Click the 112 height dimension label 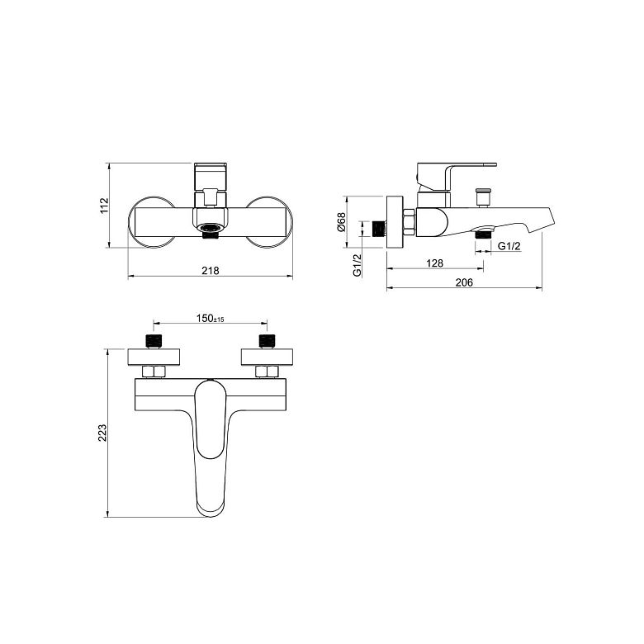tap(104, 206)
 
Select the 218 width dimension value tap(211, 271)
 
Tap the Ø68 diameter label tap(341, 222)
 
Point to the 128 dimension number tap(434, 263)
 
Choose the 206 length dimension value tap(464, 282)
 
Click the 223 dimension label tap(102, 433)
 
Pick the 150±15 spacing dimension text tap(210, 319)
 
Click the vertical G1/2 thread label tap(358, 265)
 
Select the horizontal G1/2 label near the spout tap(509, 246)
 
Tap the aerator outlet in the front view tap(210, 228)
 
